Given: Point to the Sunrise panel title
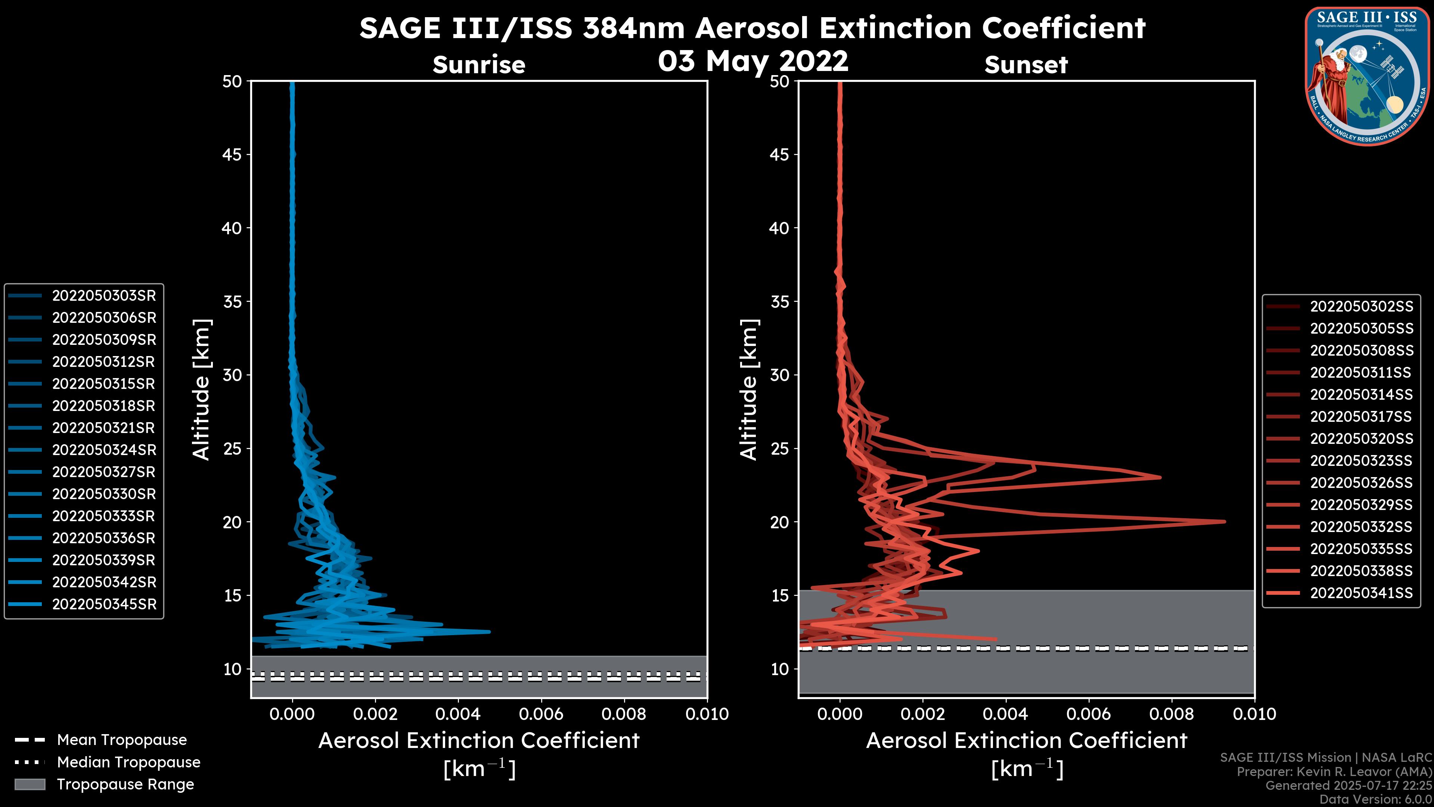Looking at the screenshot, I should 479,65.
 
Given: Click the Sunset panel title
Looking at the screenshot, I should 1026,65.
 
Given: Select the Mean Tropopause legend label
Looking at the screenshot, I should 121,740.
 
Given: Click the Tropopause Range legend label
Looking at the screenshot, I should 125,784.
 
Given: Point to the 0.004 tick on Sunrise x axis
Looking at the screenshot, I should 457,714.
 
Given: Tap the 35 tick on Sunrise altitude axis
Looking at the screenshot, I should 232,302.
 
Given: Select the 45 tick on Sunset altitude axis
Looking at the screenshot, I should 780,155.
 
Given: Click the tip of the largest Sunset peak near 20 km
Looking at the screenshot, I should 1225,521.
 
